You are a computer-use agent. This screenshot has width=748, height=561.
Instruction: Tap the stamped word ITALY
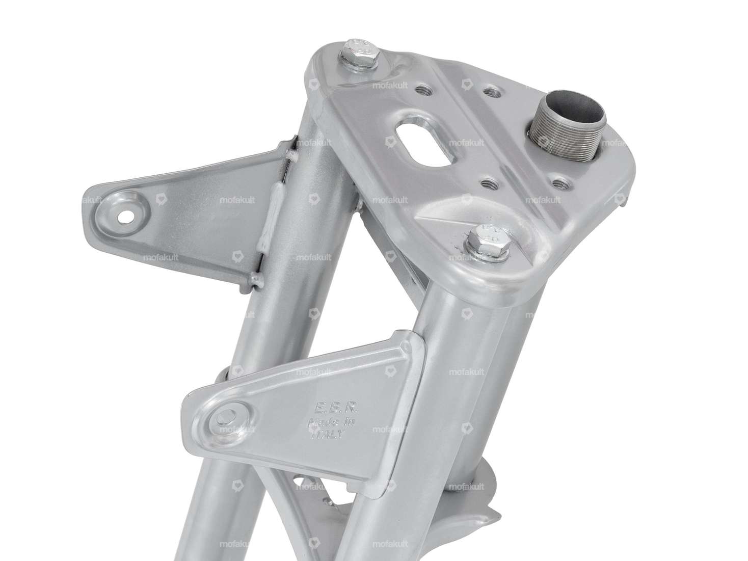(x=329, y=436)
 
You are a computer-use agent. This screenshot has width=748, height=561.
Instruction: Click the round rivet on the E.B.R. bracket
(x=226, y=418)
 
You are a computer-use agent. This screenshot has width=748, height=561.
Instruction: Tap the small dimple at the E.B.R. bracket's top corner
(x=406, y=348)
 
